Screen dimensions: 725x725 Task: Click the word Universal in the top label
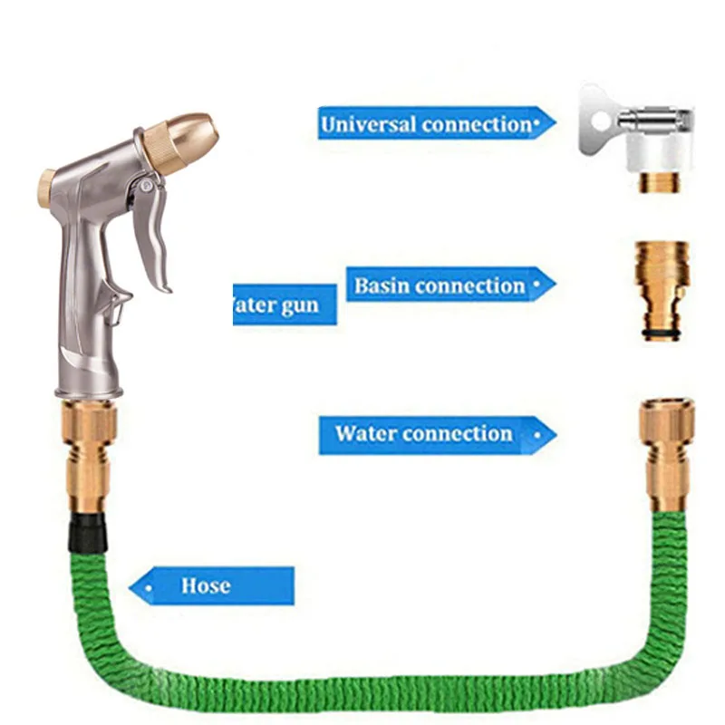tap(367, 123)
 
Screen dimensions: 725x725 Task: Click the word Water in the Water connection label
tap(366, 433)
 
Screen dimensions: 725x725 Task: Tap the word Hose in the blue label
tap(206, 585)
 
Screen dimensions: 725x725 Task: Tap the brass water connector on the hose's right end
tap(668, 453)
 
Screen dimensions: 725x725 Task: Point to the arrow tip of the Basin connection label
tap(551, 284)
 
